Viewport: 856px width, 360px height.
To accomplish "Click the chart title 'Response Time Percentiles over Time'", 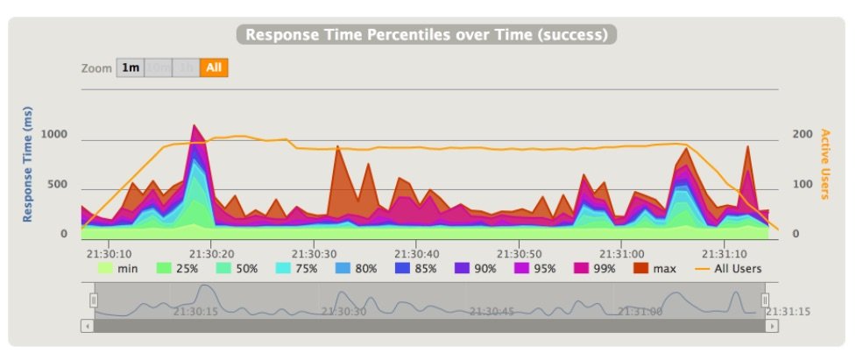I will tap(427, 35).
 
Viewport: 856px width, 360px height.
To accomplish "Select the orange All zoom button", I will tap(214, 67).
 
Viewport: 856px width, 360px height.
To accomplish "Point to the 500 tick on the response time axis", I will tap(57, 184).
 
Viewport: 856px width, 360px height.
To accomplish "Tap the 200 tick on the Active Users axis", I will tap(803, 135).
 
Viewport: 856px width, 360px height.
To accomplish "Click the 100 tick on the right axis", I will tap(803, 184).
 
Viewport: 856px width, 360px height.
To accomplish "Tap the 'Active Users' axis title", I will tap(825, 164).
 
